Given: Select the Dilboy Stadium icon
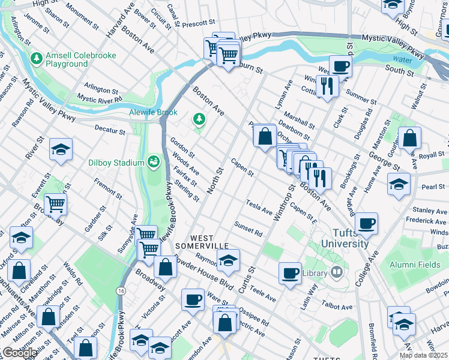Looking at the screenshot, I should (x=154, y=162).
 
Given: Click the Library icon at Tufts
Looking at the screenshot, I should (x=336, y=272).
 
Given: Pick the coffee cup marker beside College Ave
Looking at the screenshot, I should (x=366, y=223).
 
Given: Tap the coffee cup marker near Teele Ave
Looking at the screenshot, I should (x=290, y=273).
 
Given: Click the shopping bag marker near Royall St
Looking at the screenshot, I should (x=409, y=139).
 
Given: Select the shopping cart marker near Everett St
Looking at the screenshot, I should (x=55, y=204).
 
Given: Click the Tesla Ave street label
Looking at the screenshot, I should (x=259, y=207).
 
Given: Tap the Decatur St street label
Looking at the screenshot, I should (x=109, y=128).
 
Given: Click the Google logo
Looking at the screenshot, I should (x=19, y=353).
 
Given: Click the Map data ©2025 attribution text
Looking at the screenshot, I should (x=423, y=355).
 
